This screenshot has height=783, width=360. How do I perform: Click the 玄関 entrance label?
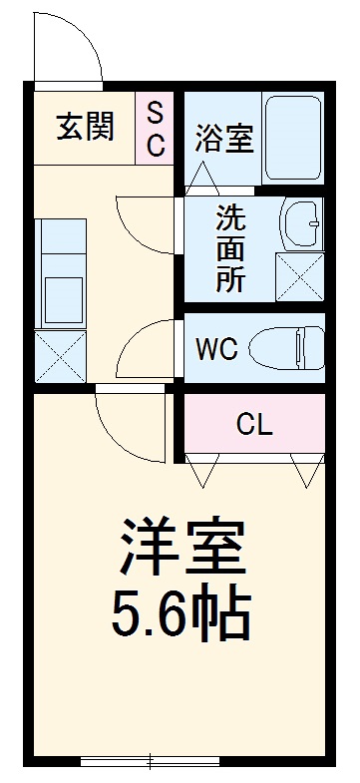coord(85,127)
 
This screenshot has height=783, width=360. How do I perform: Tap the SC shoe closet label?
coord(157,128)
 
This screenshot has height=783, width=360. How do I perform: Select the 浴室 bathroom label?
coord(223,138)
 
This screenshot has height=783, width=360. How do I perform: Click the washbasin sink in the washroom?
coord(300,224)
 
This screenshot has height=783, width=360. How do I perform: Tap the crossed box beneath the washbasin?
coord(299,275)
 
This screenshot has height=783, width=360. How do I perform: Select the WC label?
coord(215,350)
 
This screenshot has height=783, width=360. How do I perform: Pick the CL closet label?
coord(253,425)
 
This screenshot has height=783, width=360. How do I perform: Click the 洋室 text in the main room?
coord(180,545)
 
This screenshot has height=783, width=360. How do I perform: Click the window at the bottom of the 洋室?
coord(150,764)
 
